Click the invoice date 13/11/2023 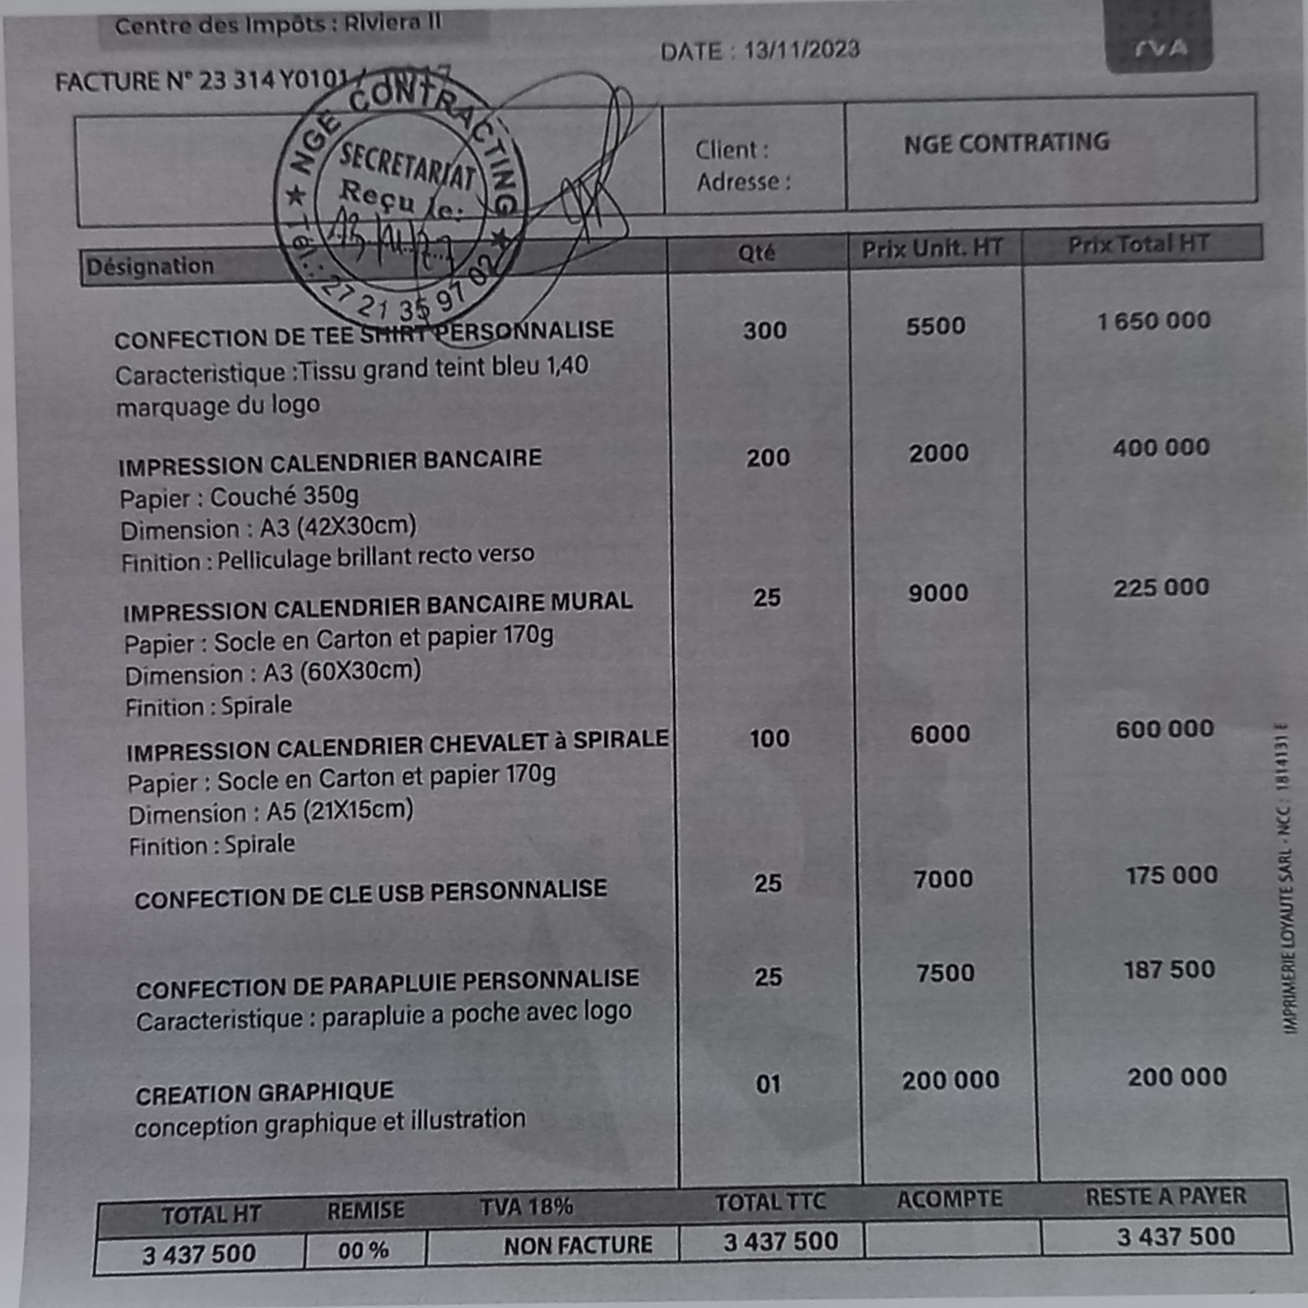(802, 50)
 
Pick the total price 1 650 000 (1154, 321)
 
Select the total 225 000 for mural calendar (1161, 588)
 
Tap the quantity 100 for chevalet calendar (769, 738)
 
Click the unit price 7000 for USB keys (943, 879)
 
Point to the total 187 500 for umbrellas (1169, 970)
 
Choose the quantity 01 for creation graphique (768, 1084)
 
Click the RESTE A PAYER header (1166, 1196)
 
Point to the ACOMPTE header (949, 1199)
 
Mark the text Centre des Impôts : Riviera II (277, 25)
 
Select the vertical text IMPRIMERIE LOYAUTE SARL (1288, 948)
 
